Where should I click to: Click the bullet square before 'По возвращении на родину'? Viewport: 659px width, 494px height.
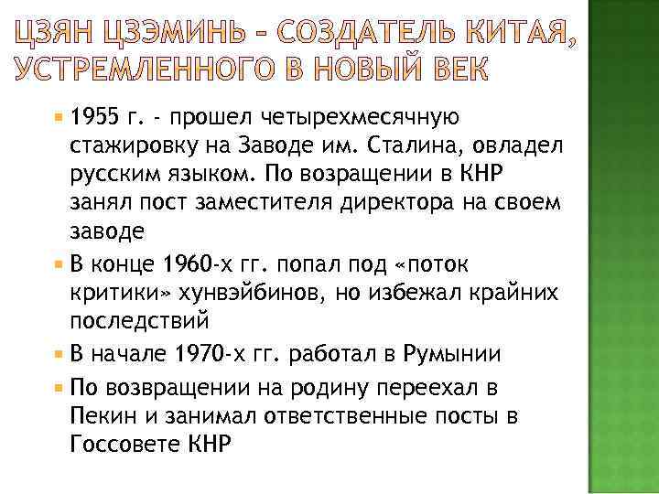coord(59,387)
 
